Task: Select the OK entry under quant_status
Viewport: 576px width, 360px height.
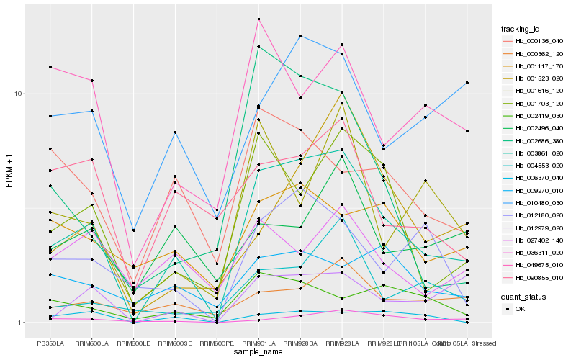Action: click(x=531, y=309)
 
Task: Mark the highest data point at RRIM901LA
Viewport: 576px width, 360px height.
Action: click(x=258, y=19)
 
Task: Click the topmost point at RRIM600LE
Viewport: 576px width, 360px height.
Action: click(x=133, y=230)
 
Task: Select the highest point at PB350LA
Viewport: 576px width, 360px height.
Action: click(x=50, y=67)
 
